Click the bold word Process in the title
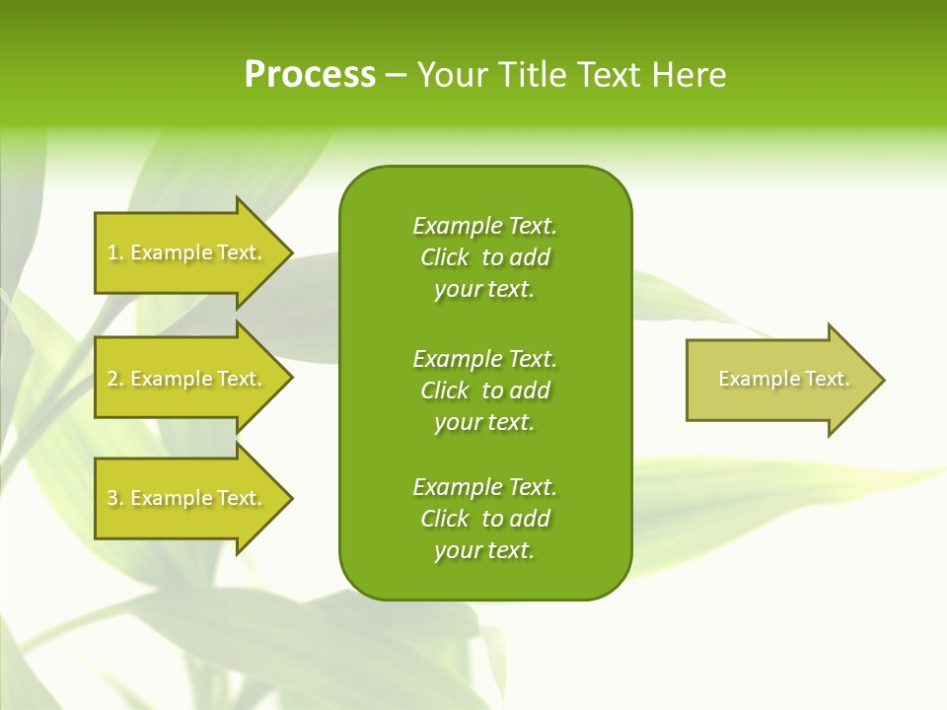click(x=310, y=75)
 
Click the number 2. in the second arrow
click(x=115, y=379)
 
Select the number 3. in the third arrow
click(x=115, y=498)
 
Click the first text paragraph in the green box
click(x=484, y=257)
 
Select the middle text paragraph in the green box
click(x=484, y=390)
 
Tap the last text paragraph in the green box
click(x=484, y=519)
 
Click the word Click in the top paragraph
click(x=445, y=257)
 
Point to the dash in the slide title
click(x=397, y=75)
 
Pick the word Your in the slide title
click(x=451, y=75)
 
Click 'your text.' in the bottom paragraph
click(x=484, y=550)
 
